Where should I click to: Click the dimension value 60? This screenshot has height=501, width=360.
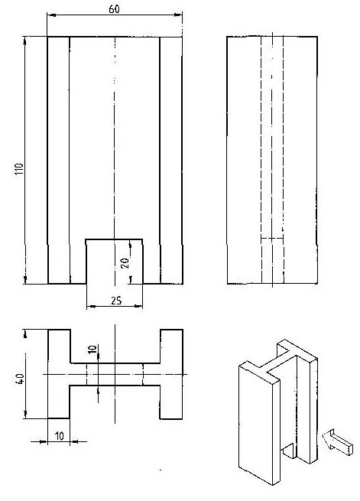click(x=114, y=9)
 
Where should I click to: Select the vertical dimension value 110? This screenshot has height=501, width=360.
click(x=19, y=169)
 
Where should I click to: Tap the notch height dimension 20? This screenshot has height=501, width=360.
click(x=125, y=262)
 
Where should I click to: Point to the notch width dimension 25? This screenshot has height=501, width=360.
click(x=116, y=301)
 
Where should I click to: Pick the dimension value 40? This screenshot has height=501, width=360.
click(x=20, y=379)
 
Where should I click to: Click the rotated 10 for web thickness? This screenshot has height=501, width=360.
click(x=92, y=349)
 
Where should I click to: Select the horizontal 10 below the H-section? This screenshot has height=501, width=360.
click(x=60, y=435)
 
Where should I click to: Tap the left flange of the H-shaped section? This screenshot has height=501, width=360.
click(x=59, y=374)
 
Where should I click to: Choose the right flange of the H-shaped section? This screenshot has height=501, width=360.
click(x=171, y=374)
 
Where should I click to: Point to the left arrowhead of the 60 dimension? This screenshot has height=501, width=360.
click(x=51, y=15)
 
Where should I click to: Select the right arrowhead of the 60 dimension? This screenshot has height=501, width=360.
click(x=178, y=15)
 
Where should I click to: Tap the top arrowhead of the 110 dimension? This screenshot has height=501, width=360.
click(x=25, y=41)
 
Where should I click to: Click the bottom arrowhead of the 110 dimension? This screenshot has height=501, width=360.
click(x=25, y=280)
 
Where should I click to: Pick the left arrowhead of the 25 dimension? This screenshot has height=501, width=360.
click(x=91, y=307)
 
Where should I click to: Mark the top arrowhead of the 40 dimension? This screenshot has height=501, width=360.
click(x=25, y=333)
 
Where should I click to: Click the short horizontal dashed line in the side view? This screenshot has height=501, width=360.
click(x=272, y=238)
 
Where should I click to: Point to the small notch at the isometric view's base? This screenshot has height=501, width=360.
click(x=289, y=451)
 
